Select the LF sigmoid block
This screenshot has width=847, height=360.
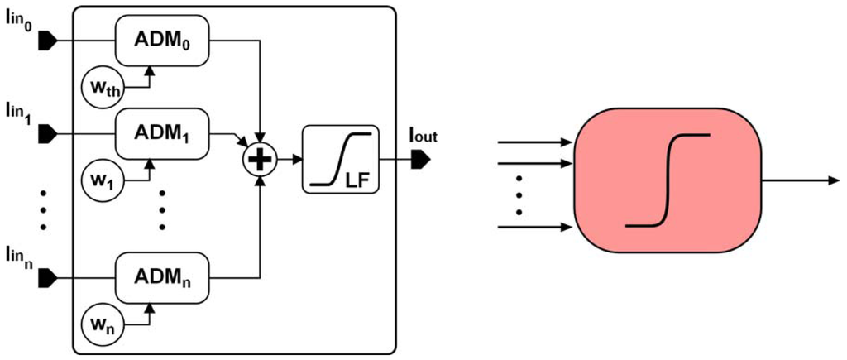point(339,160)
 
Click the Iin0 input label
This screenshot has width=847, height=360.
point(19,16)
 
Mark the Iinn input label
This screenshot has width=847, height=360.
point(19,252)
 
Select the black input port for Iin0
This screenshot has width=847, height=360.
point(46,39)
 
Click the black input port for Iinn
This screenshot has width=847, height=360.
point(46,274)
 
